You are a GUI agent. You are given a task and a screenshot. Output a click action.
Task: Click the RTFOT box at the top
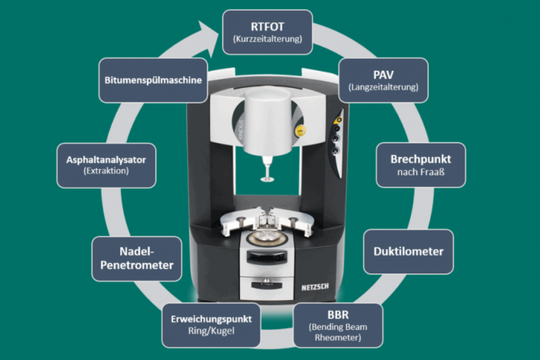[x=267, y=31]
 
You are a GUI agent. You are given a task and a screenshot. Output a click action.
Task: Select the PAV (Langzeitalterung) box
[x=383, y=80]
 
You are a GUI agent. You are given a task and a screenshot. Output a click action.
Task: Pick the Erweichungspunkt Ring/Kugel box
[x=211, y=325]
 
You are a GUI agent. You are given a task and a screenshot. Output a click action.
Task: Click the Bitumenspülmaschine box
[x=152, y=80]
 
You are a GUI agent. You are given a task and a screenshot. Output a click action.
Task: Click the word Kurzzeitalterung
[x=267, y=40]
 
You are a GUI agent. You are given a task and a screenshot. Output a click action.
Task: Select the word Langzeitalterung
[x=383, y=87]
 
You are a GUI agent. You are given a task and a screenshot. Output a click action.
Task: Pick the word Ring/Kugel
[x=211, y=332]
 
